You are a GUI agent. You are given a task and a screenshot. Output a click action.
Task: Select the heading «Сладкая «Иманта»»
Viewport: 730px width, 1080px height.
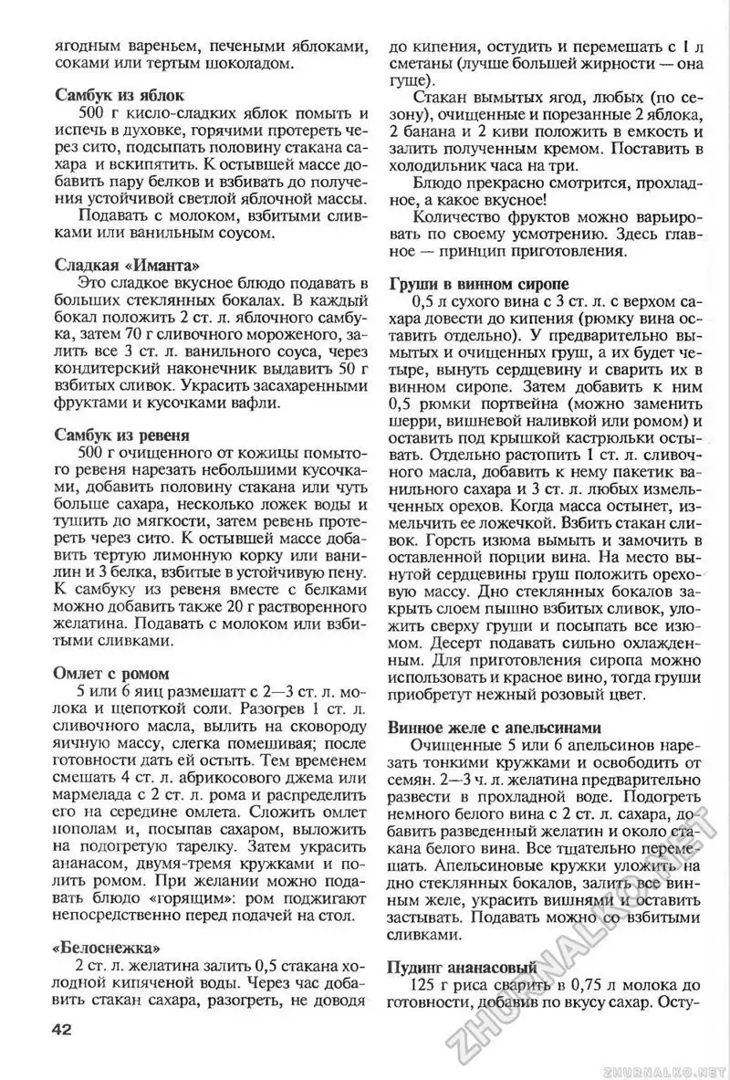click(x=128, y=266)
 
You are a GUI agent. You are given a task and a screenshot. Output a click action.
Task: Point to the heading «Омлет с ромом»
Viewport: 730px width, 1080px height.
click(x=112, y=673)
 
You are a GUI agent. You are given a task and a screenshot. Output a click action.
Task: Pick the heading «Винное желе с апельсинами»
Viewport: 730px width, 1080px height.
click(x=495, y=728)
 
